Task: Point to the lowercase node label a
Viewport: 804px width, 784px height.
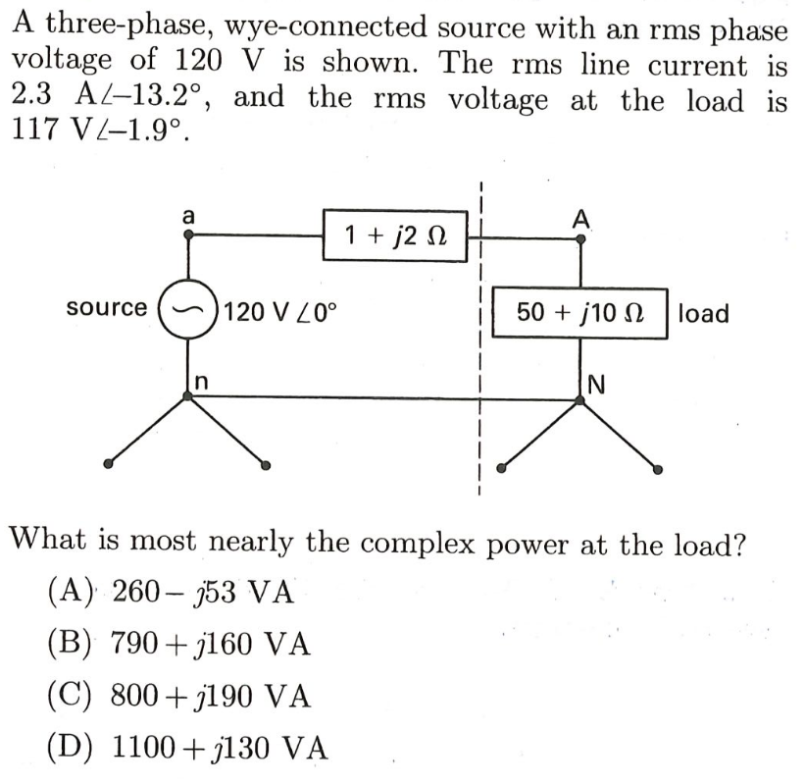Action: (188, 213)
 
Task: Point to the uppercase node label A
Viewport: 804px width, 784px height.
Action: (580, 220)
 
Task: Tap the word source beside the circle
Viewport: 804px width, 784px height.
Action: (107, 308)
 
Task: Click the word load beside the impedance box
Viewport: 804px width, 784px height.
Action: (703, 313)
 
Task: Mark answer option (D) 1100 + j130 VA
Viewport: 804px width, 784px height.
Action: (186, 749)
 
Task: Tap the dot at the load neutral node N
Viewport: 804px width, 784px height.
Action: (580, 396)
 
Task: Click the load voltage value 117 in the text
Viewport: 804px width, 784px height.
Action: (35, 131)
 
